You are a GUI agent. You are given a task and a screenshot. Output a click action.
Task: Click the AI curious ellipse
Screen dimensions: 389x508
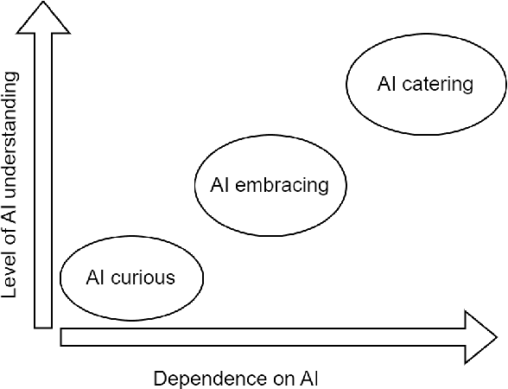coord(131,277)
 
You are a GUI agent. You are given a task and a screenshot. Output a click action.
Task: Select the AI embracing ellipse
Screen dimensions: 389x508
coord(270,185)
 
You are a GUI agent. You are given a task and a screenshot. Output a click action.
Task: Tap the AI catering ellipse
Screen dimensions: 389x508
coord(425,84)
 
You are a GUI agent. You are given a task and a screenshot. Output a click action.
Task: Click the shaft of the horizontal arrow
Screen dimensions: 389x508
coord(259,335)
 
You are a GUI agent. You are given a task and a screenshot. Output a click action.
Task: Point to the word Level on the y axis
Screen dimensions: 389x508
coord(11,277)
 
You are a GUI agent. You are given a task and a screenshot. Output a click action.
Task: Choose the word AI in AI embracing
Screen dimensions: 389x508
coord(219,185)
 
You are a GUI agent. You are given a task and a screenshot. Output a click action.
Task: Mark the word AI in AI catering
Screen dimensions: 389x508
coord(386,84)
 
